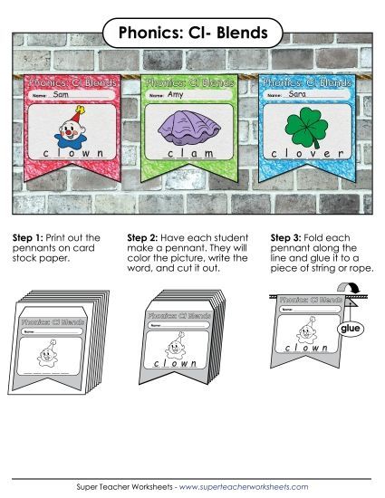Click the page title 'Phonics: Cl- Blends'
(x=192, y=34)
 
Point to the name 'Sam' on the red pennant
(x=62, y=94)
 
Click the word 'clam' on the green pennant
(x=189, y=155)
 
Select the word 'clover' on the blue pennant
(x=307, y=155)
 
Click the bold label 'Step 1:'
(x=27, y=238)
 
